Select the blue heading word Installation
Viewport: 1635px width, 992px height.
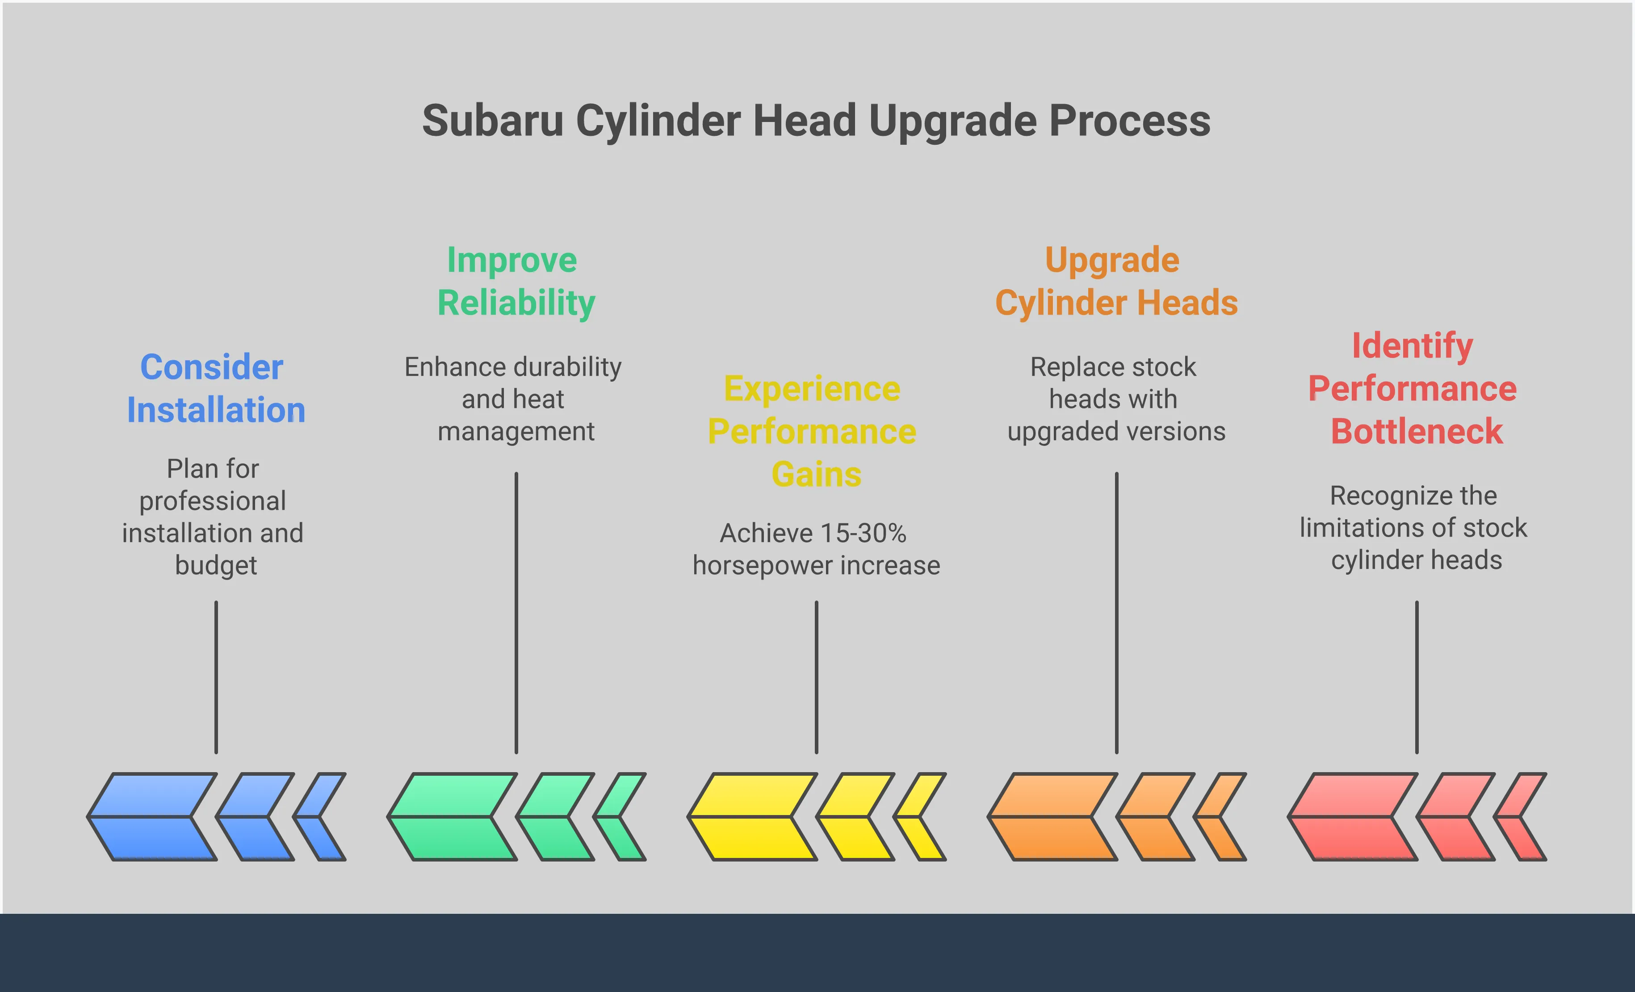click(216, 410)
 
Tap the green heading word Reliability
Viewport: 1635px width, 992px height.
click(516, 303)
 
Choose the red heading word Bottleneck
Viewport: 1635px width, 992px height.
click(1417, 431)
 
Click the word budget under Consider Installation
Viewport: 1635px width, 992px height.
click(216, 565)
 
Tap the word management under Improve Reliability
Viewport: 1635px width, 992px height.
click(516, 432)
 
